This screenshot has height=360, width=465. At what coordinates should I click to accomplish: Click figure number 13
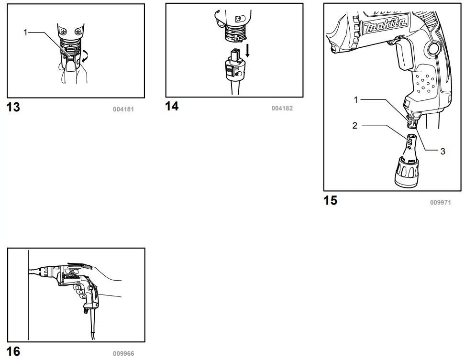click(x=13, y=107)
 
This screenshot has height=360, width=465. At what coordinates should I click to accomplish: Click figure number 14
click(x=172, y=106)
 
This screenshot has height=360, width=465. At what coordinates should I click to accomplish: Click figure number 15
click(x=331, y=200)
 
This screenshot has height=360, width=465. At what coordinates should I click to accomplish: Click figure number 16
click(x=13, y=352)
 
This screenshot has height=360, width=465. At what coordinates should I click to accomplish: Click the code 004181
click(x=123, y=109)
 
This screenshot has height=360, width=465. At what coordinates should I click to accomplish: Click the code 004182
click(x=282, y=109)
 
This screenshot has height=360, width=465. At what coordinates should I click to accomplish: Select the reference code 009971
click(x=441, y=202)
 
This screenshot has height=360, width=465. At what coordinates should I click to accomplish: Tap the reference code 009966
click(x=123, y=354)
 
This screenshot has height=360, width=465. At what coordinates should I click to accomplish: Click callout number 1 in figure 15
click(x=355, y=99)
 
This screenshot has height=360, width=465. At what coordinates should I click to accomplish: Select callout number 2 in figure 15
click(x=354, y=126)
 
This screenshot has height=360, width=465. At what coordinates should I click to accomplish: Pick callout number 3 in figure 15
click(x=443, y=151)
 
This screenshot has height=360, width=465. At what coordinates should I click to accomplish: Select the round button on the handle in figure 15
click(x=434, y=48)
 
